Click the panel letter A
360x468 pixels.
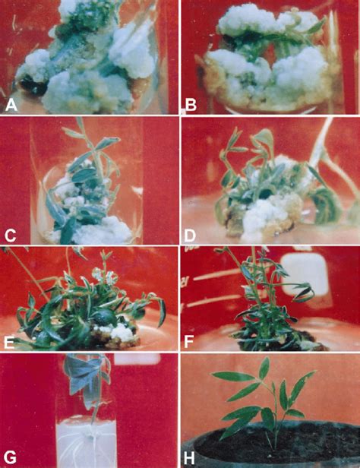click(x=11, y=106)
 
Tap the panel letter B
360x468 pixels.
click(x=191, y=106)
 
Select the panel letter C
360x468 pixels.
click(x=11, y=236)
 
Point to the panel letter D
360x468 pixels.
click(x=190, y=236)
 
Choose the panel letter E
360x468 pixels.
click(x=9, y=343)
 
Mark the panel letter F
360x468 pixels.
click(x=189, y=342)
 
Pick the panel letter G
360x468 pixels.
click(x=9, y=458)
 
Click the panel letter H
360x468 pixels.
click(x=190, y=458)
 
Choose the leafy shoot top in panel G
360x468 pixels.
click(x=87, y=379)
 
